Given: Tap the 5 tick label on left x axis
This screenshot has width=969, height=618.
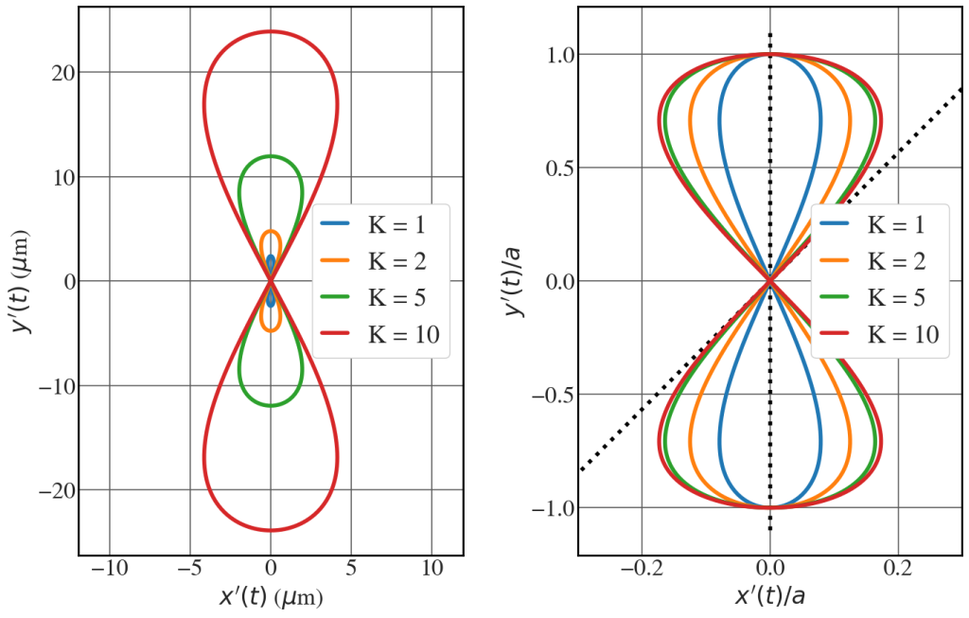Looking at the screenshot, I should click(352, 569).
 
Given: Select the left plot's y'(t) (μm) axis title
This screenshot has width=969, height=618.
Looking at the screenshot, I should click(20, 282).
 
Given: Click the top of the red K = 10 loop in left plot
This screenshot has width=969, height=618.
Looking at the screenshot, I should click(271, 31).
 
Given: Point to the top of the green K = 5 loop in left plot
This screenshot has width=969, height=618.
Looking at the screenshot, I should click(271, 156).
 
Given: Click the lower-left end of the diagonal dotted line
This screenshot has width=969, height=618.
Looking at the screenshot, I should click(581, 470).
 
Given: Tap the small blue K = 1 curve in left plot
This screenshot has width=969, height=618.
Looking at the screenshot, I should click(271, 262).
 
